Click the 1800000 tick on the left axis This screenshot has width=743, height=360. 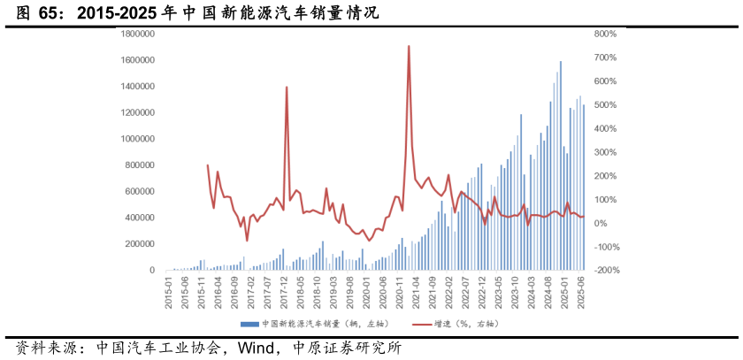click(138, 34)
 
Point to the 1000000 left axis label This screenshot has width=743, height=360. click(138, 139)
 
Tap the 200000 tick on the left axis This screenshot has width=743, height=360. click(141, 244)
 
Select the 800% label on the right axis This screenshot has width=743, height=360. click(606, 34)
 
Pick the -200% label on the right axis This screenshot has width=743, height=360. click(606, 271)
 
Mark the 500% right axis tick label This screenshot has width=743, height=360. click(606, 105)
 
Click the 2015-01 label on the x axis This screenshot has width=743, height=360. click(168, 288)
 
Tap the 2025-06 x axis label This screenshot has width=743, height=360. click(583, 288)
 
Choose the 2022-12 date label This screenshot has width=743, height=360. click(483, 288)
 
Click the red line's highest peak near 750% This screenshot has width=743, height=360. click(409, 46)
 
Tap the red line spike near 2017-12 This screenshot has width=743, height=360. click(287, 87)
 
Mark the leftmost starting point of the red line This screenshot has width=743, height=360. click(208, 165)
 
